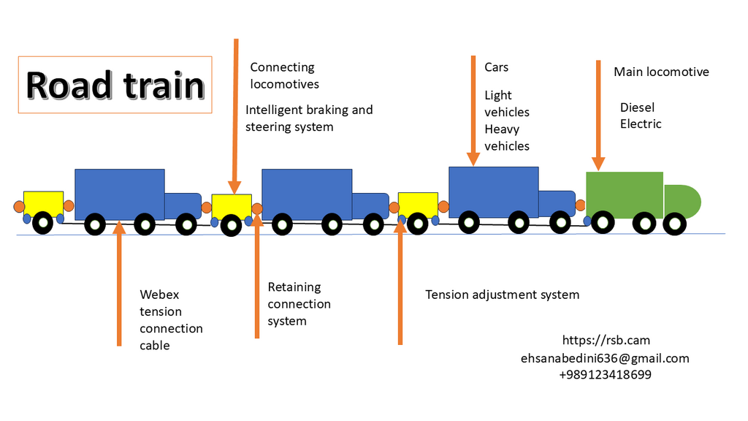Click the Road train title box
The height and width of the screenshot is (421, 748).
(115, 85)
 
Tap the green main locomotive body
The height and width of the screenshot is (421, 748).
(624, 194)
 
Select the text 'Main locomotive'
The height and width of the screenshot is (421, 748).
(661, 72)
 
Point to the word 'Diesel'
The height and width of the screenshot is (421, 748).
(637, 107)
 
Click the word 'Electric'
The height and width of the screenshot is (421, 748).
(641, 124)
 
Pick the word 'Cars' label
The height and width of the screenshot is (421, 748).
(497, 67)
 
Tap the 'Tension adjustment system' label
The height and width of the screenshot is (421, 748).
(503, 295)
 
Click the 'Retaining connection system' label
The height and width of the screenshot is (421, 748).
(299, 304)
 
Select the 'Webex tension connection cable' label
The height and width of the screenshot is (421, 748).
(171, 320)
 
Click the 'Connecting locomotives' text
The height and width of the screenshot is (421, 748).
(284, 75)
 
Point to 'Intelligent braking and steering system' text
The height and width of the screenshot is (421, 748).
(309, 118)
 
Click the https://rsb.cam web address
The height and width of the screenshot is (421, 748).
(606, 340)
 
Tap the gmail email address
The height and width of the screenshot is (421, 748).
(605, 358)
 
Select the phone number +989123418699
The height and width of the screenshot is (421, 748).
(605, 375)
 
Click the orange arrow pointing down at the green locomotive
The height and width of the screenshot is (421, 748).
(598, 113)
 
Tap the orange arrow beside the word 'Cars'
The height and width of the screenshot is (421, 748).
(473, 110)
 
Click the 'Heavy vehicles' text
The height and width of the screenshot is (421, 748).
(506, 137)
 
